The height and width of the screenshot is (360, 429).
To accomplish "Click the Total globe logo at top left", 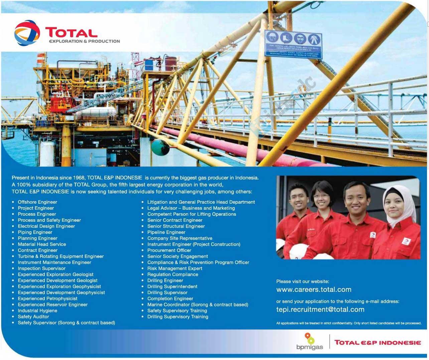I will pyautogui.click(x=27, y=33).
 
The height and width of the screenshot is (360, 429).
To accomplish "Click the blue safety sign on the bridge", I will pyautogui.click(x=293, y=44).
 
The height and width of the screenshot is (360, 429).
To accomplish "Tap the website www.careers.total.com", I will pyautogui.click(x=314, y=290).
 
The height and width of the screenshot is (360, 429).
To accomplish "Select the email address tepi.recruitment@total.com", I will pyautogui.click(x=320, y=310).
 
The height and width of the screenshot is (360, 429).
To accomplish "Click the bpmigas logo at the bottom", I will pyautogui.click(x=310, y=342).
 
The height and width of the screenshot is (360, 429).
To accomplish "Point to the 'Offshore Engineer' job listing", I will pyautogui.click(x=37, y=202).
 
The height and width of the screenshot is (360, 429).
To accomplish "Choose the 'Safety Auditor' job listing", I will pyautogui.click(x=33, y=317).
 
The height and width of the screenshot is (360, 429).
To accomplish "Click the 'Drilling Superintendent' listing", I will pyautogui.click(x=172, y=287).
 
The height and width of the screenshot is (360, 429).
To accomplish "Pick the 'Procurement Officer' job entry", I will pyautogui.click(x=169, y=250).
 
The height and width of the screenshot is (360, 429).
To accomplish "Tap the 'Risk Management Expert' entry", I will pyautogui.click(x=175, y=268).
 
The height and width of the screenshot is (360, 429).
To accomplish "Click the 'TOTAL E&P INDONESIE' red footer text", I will pyautogui.click(x=378, y=343).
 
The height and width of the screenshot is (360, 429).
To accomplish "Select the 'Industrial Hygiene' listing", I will pyautogui.click(x=37, y=311).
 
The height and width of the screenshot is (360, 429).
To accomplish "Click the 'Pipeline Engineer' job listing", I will pyautogui.click(x=166, y=232).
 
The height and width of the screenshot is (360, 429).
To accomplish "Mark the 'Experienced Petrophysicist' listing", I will pyautogui.click(x=47, y=299).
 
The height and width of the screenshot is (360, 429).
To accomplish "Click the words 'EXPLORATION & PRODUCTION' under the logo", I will pyautogui.click(x=84, y=41).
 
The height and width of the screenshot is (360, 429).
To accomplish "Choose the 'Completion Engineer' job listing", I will pyautogui.click(x=170, y=299).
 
